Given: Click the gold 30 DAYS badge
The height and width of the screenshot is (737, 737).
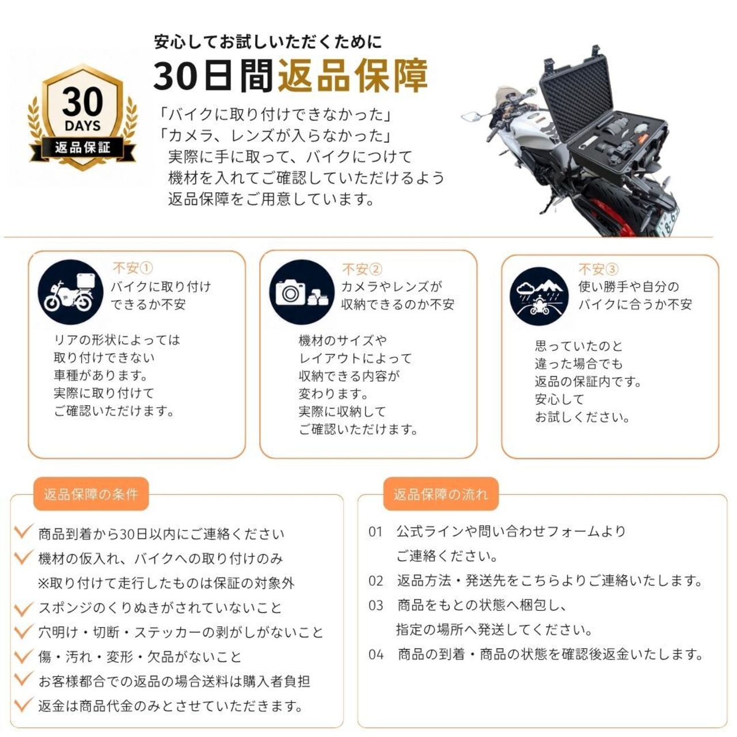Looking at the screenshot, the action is tap(82, 117).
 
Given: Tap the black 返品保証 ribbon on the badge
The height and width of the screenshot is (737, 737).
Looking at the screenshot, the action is tap(82, 147).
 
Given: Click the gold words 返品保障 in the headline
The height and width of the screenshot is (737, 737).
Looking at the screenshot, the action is tap(352, 76).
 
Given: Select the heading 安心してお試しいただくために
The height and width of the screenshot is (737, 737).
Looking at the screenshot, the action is tap(268, 41).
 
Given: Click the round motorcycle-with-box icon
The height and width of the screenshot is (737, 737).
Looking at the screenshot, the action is tap(71, 292).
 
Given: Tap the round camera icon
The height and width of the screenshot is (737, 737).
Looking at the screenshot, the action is tap(302, 292).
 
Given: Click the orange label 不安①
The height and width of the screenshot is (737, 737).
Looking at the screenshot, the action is tap(132, 268).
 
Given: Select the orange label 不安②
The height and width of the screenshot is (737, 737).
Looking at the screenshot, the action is tap(362, 269).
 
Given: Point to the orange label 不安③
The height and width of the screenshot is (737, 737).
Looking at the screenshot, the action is tap(599, 269).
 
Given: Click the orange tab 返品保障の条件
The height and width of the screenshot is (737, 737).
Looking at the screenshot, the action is tap(90, 494).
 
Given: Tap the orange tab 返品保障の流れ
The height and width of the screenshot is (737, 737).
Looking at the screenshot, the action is tap(441, 494).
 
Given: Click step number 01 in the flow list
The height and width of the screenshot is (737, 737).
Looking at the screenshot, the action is tap(375, 531).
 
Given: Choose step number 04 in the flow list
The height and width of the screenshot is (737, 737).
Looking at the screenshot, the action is tap(375, 655).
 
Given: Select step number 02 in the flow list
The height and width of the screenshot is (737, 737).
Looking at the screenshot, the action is tap(375, 580).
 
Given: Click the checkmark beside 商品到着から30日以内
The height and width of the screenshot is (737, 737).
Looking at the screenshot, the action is tap(24, 531).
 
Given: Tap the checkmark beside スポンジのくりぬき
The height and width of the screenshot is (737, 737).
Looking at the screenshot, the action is tap(24, 608).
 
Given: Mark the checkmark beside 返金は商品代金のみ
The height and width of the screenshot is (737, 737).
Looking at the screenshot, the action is tap(24, 705).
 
